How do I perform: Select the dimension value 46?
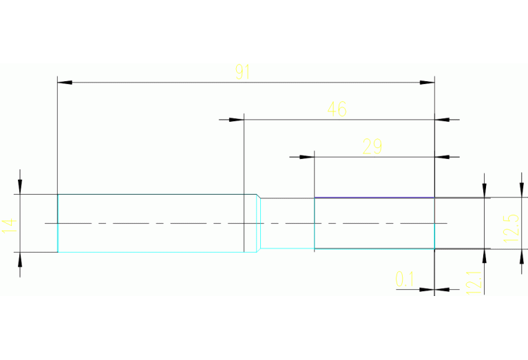(337, 109)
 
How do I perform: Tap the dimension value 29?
(372, 147)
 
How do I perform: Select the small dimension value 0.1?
(405, 279)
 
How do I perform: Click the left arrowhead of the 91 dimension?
(65, 83)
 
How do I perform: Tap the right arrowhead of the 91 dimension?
(427, 83)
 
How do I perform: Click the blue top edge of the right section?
(374, 198)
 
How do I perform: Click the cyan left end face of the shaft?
(58, 223)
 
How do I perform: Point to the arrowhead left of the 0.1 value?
(427, 289)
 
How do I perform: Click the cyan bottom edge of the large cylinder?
(151, 252)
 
